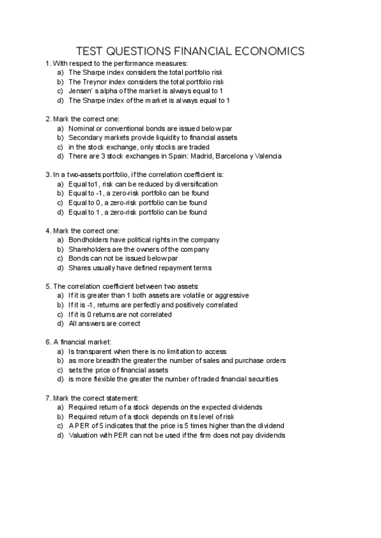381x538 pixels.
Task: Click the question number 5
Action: click(48, 287)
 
